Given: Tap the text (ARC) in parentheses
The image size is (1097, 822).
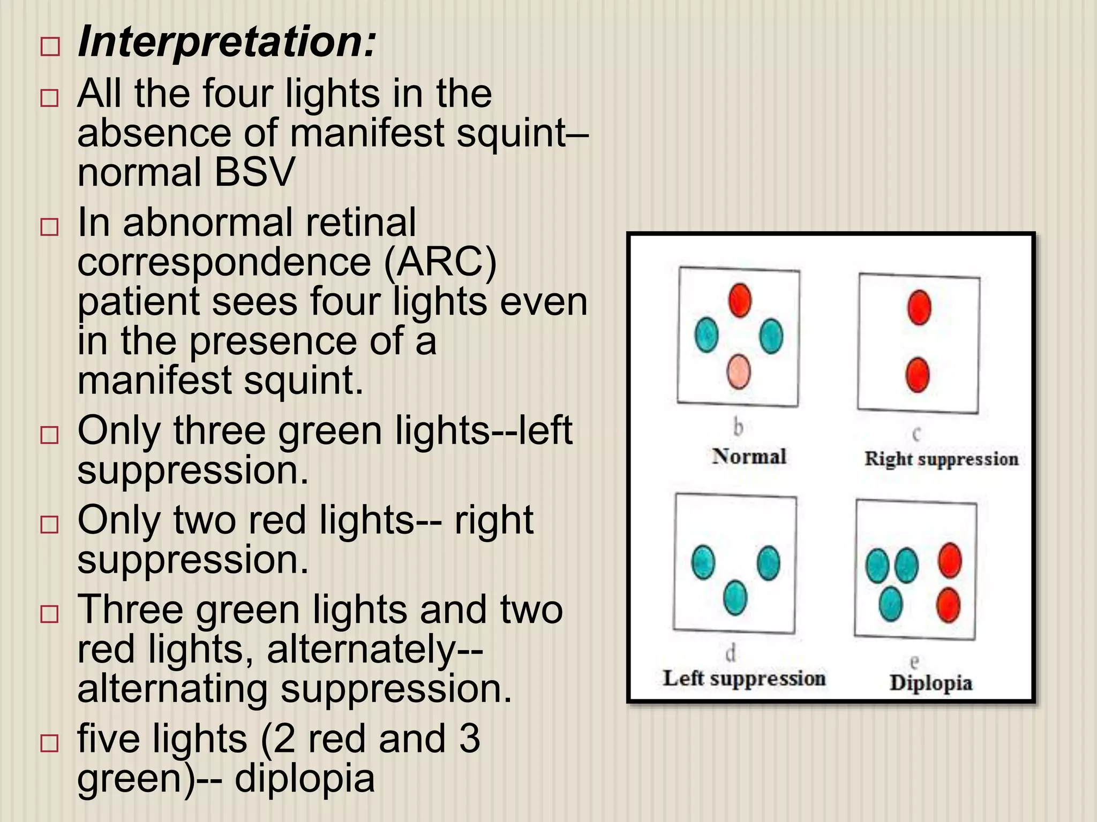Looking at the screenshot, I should [440, 262].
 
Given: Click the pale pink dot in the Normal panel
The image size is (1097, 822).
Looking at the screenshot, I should [739, 371].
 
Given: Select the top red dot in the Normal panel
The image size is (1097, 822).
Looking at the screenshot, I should [740, 300].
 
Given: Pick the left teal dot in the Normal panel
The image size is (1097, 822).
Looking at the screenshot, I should [706, 335].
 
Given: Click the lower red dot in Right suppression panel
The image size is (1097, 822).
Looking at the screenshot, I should [917, 375].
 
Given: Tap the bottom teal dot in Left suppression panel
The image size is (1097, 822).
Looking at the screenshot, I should [734, 598].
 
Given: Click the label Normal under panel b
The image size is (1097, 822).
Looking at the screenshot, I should [749, 456].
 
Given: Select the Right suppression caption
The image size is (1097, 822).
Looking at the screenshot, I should [941, 459].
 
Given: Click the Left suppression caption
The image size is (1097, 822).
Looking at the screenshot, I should [744, 678].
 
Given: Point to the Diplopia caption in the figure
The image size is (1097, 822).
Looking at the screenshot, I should [930, 683].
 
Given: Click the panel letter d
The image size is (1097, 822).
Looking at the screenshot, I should [731, 653].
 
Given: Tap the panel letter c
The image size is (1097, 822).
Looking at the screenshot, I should [916, 433].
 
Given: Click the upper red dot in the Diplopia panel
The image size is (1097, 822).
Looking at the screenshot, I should [950, 560].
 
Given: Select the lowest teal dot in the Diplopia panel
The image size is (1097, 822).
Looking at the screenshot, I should [891, 604].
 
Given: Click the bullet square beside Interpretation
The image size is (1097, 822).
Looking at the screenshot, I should [49, 48].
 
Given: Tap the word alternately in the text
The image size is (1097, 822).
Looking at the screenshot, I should [360, 649].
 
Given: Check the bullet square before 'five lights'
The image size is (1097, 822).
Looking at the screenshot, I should [49, 743].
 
